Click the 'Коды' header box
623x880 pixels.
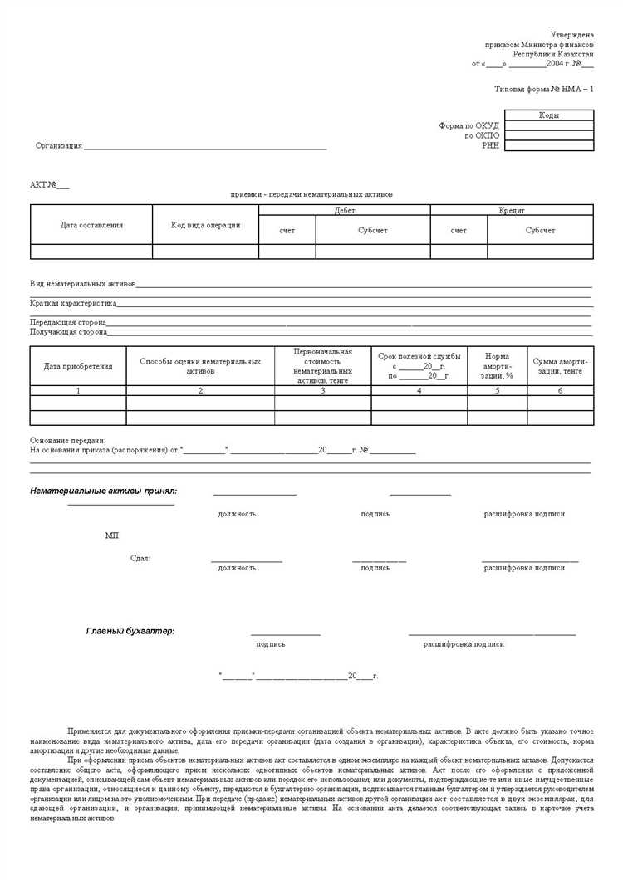pos(548,115)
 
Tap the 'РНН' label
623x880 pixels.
pos(490,145)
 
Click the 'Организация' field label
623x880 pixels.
pos(58,146)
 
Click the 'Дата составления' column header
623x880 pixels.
pos(91,225)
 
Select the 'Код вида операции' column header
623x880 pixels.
pos(205,225)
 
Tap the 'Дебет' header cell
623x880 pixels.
pos(344,211)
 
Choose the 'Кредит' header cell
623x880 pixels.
pos(511,211)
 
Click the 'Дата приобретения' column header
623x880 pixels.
pos(78,366)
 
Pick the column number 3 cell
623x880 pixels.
pos(322,390)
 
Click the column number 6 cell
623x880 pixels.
pos(560,390)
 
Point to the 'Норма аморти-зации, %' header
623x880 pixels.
pos(497,366)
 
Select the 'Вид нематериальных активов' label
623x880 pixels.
pos(83,284)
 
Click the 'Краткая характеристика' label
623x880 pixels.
pos(73,304)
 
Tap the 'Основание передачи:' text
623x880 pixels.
pos(68,441)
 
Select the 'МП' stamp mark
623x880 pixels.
pos(112,535)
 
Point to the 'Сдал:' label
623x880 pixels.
pos(140,559)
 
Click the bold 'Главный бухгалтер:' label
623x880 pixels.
pos(130,631)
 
